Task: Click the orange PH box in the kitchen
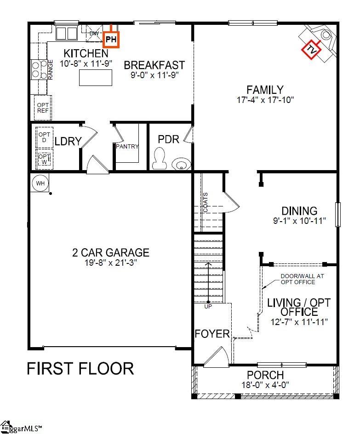111,40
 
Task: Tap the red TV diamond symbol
312,50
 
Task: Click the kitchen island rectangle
96,77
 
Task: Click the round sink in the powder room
181,164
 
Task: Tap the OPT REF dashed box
43,108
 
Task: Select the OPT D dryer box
44,137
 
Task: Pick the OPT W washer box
44,159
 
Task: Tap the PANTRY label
127,147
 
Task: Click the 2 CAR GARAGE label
111,252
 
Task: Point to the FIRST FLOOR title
80,368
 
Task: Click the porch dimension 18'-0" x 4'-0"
265,385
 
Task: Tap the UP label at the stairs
208,307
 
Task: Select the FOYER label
212,333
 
